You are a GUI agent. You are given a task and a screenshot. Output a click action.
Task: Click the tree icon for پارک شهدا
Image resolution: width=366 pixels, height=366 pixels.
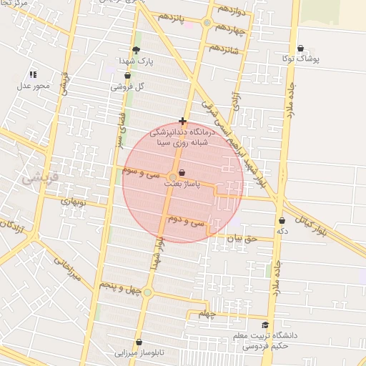(x=136, y=50)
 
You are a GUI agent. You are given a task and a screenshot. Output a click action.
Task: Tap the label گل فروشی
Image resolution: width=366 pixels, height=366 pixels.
(x=129, y=86)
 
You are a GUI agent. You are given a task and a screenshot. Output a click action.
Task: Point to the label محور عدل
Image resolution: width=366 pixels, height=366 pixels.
(x=33, y=86)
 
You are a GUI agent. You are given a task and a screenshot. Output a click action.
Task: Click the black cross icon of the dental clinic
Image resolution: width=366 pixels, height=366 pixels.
(x=183, y=122)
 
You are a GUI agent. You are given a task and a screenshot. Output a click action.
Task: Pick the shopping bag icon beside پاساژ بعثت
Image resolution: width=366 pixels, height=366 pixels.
(x=183, y=173)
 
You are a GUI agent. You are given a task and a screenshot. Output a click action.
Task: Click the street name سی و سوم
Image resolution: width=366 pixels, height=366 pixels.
(x=139, y=172)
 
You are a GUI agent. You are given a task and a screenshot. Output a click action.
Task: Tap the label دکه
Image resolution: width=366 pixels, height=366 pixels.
(x=282, y=232)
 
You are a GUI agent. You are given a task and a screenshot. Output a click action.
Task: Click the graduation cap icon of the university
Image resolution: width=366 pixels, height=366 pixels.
(x=265, y=325)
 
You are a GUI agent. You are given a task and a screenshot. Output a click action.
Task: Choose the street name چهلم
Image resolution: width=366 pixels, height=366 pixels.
(x=207, y=314)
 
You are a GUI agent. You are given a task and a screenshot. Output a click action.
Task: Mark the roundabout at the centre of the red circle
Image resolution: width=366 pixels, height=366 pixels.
(x=173, y=177)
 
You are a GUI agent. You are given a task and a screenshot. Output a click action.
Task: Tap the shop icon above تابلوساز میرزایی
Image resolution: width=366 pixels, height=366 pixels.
(x=139, y=342)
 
